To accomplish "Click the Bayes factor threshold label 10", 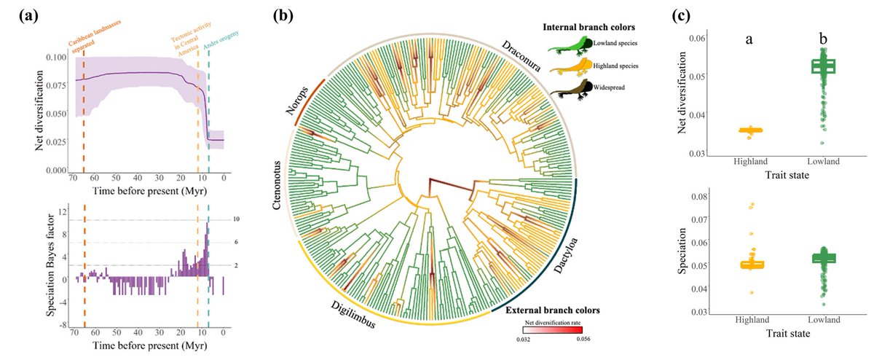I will tap(236, 219).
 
